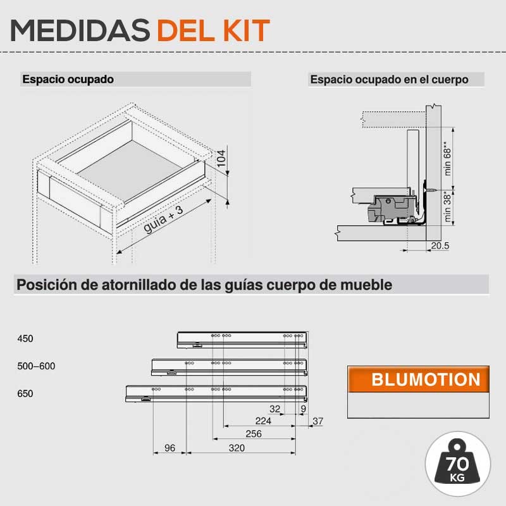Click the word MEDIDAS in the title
point(80,30)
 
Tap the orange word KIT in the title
point(247,30)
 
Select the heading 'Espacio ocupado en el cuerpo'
point(389,80)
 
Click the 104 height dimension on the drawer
point(221,158)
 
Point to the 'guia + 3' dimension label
point(163,219)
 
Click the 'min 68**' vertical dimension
point(447,159)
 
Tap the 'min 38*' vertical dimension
point(447,207)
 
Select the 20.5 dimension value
point(440,245)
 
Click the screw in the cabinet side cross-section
point(430,190)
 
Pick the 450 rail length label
point(25,338)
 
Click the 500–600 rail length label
point(36,366)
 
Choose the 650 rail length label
point(25,393)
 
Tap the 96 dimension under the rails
point(170,448)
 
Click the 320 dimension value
point(237,448)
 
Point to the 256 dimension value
point(254,434)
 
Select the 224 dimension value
point(263,421)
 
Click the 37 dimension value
point(318,421)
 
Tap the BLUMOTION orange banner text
point(426,379)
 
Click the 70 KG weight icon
point(457,464)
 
